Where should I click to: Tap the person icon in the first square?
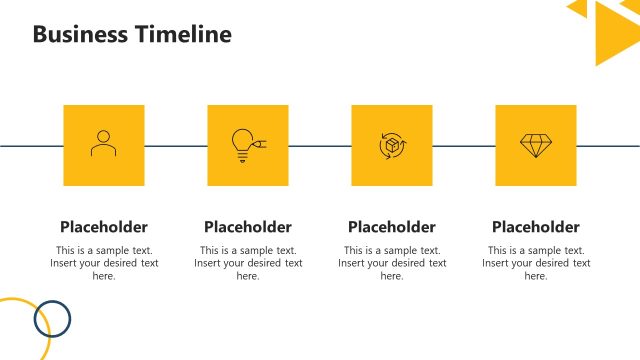(103, 144)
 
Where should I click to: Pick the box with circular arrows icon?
(391, 145)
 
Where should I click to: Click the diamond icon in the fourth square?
(535, 145)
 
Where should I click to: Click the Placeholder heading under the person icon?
(103, 227)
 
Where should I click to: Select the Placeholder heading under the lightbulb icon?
(247, 227)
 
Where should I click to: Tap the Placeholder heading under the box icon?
(391, 227)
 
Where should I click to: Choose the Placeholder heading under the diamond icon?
(535, 227)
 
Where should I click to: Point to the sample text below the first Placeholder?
(103, 263)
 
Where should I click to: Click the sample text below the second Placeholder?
(247, 263)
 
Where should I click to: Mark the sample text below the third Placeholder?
(391, 263)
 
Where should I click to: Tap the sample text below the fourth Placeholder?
(535, 263)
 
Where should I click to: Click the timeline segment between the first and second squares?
(175, 146)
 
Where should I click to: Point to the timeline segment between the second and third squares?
(319, 146)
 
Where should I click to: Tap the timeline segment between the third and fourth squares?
(463, 146)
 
